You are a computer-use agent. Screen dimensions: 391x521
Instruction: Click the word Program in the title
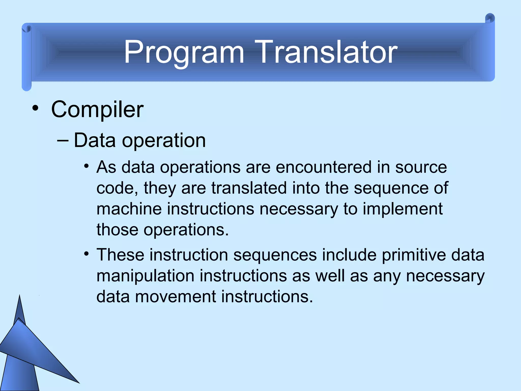[x=184, y=52]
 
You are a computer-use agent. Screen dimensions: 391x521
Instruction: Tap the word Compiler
[x=97, y=109]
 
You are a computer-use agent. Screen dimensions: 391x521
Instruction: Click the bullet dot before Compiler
[x=35, y=109]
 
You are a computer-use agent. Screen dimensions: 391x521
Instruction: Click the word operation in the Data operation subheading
[x=164, y=141]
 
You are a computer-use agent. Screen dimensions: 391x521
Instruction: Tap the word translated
[x=249, y=188]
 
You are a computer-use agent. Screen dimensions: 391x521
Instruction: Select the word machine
[x=129, y=209]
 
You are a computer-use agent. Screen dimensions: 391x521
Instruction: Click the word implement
[x=402, y=209]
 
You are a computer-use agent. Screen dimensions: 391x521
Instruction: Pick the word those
[x=117, y=230]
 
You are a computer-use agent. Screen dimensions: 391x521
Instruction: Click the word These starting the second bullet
[x=120, y=255]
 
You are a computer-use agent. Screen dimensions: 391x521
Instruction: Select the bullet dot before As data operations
[x=86, y=167]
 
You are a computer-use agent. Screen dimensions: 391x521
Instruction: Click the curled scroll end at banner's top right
[x=490, y=18]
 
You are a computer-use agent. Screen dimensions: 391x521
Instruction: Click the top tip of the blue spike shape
[x=20, y=296]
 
